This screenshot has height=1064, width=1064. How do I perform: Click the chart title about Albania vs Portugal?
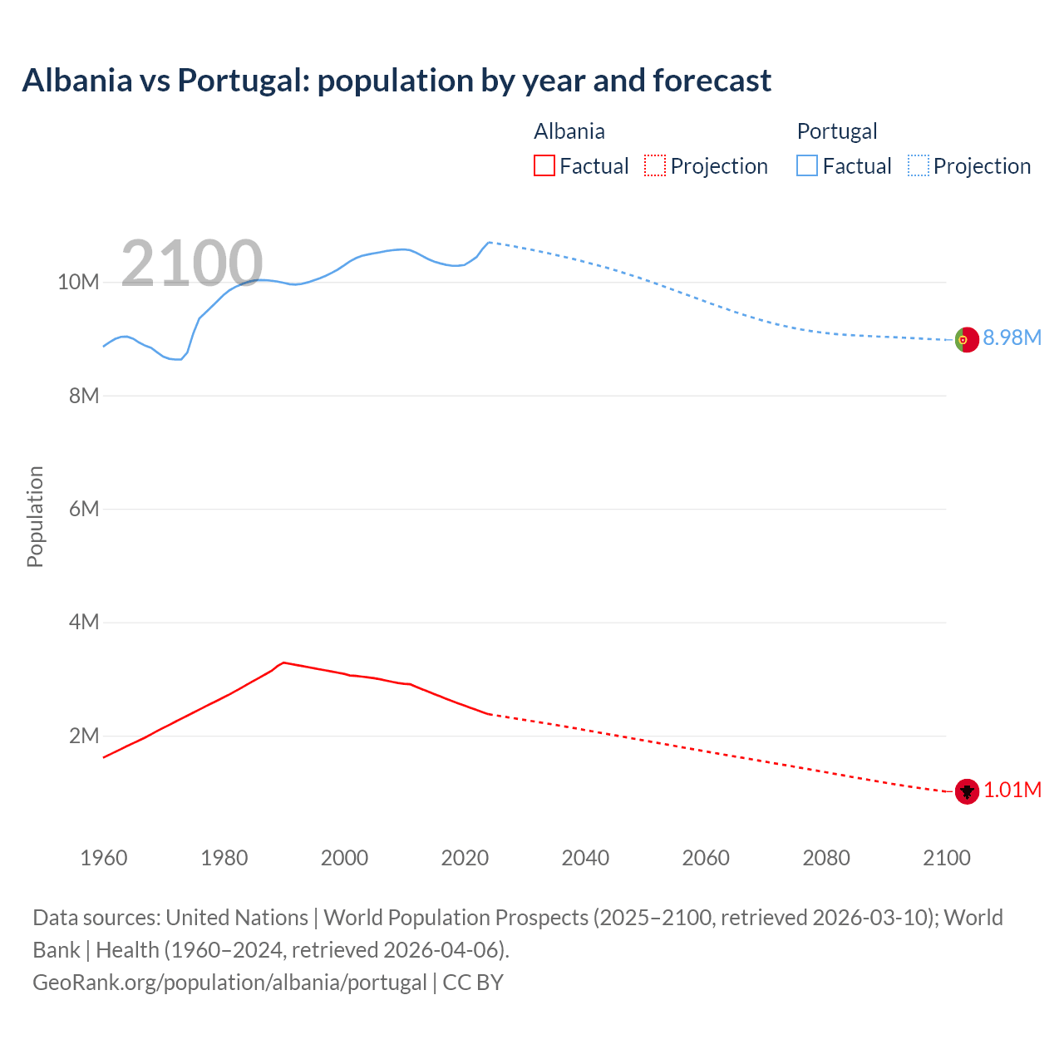[397, 81]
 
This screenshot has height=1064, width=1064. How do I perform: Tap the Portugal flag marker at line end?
[967, 339]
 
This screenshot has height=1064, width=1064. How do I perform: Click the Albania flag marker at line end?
[967, 791]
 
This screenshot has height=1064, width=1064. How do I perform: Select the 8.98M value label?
[1012, 337]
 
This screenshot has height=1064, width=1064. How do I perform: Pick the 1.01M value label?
[1012, 790]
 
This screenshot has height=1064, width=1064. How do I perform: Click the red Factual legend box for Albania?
[544, 166]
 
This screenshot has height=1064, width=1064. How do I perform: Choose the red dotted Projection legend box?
[655, 166]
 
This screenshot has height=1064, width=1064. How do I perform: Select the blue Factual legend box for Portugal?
[806, 166]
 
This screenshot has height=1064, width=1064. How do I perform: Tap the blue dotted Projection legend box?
[918, 166]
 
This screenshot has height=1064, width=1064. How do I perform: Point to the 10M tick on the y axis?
[78, 283]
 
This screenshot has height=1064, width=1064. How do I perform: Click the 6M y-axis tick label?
[83, 509]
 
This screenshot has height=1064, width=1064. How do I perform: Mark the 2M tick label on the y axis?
[83, 736]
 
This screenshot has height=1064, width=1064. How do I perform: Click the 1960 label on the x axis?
[104, 858]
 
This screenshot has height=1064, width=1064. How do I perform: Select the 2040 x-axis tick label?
[585, 858]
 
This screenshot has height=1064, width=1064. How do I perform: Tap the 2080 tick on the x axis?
[826, 858]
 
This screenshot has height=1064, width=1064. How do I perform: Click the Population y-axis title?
[35, 516]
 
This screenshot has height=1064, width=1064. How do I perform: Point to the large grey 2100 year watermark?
[192, 264]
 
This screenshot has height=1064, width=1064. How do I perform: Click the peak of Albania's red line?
[283, 663]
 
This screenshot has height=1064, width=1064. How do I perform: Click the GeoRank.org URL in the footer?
[229, 983]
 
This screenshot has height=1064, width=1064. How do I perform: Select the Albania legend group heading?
[569, 131]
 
